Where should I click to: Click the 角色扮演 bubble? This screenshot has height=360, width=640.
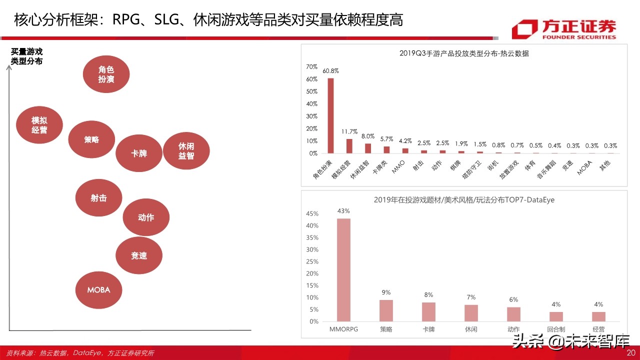(106, 73)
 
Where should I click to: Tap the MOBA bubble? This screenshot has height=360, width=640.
(98, 290)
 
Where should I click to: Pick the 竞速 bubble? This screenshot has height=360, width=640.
(139, 255)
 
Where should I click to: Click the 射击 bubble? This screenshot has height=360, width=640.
(98, 198)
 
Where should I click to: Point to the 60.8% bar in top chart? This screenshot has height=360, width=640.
(330, 115)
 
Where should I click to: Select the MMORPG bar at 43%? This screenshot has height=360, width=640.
(343, 270)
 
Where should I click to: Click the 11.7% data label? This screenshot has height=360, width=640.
(349, 132)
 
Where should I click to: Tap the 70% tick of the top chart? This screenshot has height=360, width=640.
(311, 67)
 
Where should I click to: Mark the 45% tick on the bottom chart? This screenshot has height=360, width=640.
(312, 214)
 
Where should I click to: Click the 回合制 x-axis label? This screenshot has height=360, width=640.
(556, 329)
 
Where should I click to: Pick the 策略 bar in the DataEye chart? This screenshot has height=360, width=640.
(386, 310)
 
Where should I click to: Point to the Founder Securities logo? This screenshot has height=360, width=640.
(564, 29)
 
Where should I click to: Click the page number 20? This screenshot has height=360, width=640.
(630, 353)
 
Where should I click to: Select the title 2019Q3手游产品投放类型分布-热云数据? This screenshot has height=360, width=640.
(464, 53)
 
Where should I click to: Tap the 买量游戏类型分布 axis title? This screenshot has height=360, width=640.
(27, 56)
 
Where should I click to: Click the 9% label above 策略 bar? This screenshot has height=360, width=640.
(386, 292)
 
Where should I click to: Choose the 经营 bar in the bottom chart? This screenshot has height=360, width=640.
(598, 316)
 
